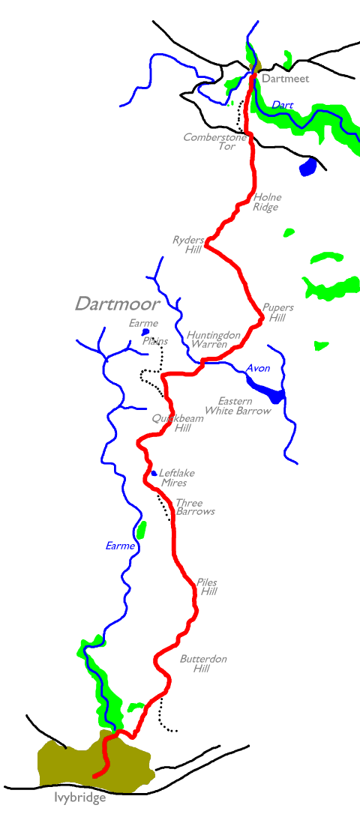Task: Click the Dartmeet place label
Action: tap(285, 79)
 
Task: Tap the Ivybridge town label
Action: tap(80, 798)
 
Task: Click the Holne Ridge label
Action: tap(267, 202)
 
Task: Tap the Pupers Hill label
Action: tap(278, 313)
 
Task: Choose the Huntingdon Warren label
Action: tap(214, 340)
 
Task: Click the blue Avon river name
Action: tap(258, 369)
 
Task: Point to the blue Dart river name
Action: tap(283, 106)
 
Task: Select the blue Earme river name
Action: tap(121, 546)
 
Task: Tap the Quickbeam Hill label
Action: tap(171, 423)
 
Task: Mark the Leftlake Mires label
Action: tap(174, 478)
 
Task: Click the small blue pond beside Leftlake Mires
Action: tap(154, 473)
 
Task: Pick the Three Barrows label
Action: tap(195, 507)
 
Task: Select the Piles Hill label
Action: tap(208, 587)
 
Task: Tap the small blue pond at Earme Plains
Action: tap(145, 332)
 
